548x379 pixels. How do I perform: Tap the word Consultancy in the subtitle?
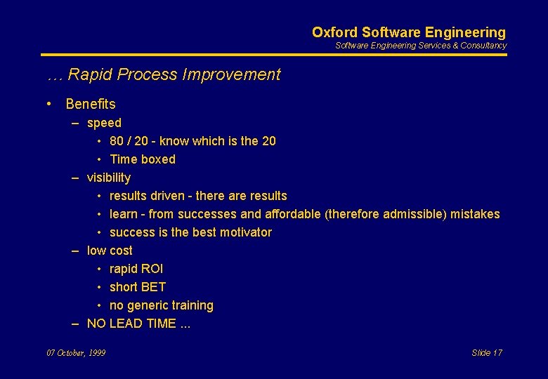coord(483,46)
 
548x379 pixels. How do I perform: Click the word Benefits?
coord(91,104)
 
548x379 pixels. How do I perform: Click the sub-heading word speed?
coord(104,123)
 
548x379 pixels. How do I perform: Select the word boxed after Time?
coord(158,159)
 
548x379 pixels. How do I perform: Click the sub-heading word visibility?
coord(109,178)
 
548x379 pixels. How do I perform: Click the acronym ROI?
coord(152,269)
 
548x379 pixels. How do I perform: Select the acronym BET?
coord(153,287)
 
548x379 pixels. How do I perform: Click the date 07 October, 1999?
coord(76,353)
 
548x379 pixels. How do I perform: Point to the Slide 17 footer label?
coord(487,353)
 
